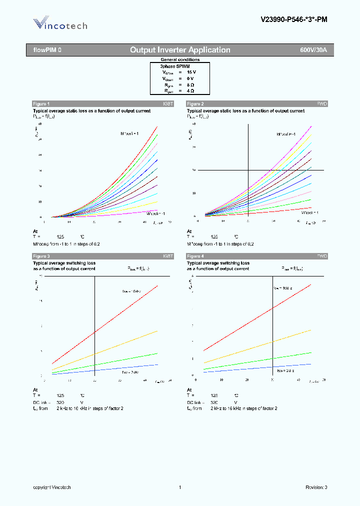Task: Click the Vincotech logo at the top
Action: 60,24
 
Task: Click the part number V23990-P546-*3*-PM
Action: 294,20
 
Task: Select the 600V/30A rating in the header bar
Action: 313,50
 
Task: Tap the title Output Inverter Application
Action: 180,50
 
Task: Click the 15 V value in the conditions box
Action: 191,72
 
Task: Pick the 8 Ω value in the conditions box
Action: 190,85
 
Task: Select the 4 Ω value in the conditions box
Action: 190,91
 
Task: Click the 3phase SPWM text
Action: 175,66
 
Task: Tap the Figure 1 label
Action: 41,103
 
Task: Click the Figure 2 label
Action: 195,103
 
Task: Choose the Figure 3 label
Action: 41,256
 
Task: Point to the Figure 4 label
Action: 195,256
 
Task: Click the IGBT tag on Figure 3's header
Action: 168,256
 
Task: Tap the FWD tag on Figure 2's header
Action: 322,103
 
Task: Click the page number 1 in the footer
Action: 179,487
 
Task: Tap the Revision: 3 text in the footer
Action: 316,487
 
